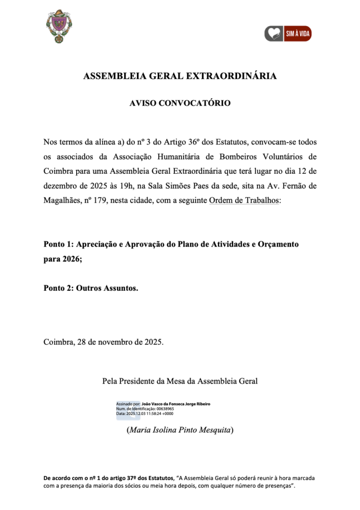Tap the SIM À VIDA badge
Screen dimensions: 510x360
[288, 34]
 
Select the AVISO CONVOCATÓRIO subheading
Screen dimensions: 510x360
[180, 103]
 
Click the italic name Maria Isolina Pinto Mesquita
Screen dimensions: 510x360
[180, 429]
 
